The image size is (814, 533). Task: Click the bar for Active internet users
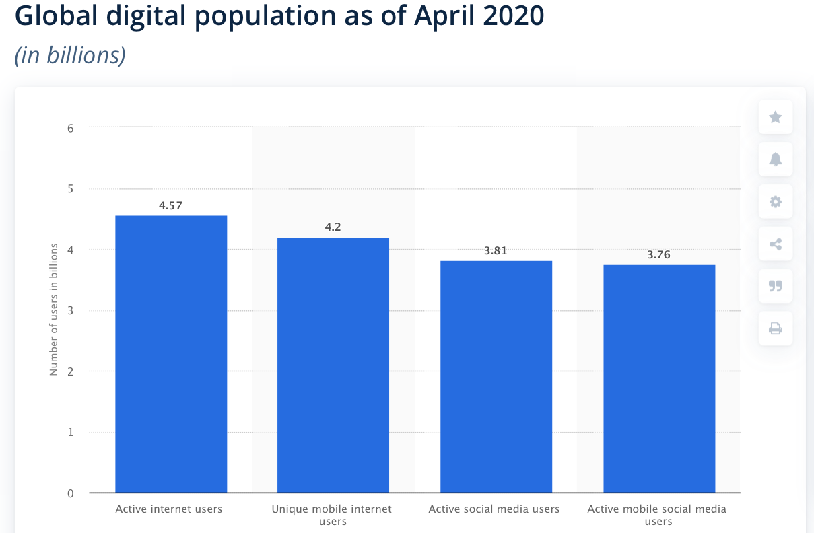(171, 354)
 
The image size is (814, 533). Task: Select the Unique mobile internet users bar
(333, 365)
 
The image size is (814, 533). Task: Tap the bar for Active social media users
(496, 377)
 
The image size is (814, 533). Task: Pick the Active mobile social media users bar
(659, 379)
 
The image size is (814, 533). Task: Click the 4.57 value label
(171, 205)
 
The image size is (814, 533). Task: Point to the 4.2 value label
(333, 227)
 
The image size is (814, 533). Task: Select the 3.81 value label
(496, 250)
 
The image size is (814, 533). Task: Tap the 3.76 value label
(659, 255)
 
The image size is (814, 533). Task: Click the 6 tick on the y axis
(70, 127)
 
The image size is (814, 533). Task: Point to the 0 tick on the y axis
(70, 493)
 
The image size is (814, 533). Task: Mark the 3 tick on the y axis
(70, 310)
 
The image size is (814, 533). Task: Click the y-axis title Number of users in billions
(53, 309)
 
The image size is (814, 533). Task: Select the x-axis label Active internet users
(169, 509)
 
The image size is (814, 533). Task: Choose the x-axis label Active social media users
(494, 509)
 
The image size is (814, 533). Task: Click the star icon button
(775, 118)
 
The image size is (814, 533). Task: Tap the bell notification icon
(775, 159)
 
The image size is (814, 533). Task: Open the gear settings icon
(775, 202)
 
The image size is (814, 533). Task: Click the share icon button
(775, 244)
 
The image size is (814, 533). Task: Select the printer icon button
(775, 328)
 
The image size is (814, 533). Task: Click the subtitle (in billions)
(70, 55)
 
